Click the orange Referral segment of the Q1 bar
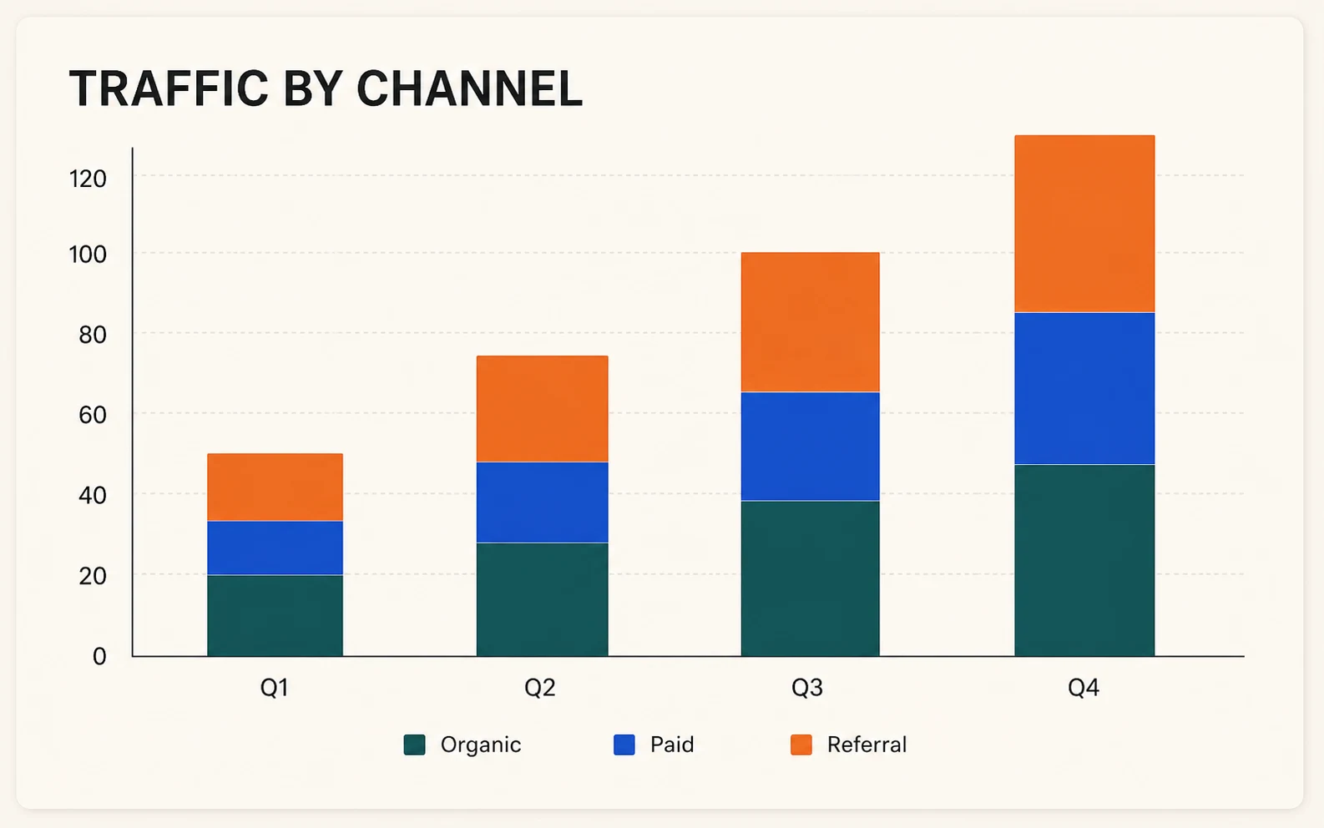(x=275, y=487)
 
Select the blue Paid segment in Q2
(x=542, y=502)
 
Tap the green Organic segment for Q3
(x=811, y=578)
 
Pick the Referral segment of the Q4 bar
(x=1084, y=224)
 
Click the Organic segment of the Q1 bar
(x=275, y=616)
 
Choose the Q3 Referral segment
(x=811, y=322)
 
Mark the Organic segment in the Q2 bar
(x=542, y=599)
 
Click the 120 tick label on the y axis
(x=88, y=179)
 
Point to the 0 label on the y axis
(x=99, y=656)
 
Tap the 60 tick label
(x=92, y=415)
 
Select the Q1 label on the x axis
(x=275, y=687)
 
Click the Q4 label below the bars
(x=1084, y=687)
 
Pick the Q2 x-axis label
(x=539, y=687)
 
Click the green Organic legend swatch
(x=414, y=745)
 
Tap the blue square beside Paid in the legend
(x=624, y=745)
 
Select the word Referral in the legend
(x=867, y=745)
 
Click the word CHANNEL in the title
(x=469, y=88)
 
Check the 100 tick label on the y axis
(x=88, y=255)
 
